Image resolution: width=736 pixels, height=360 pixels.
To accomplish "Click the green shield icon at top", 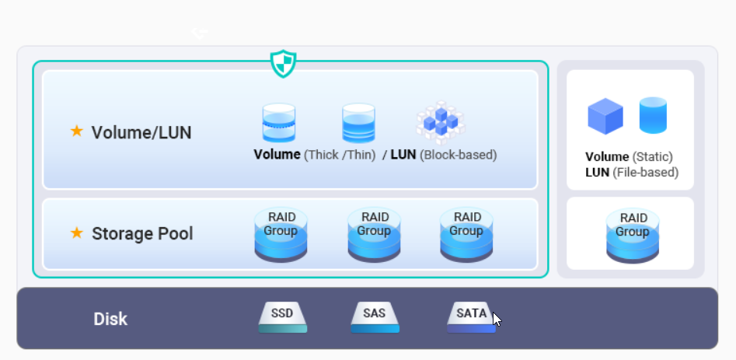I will point(283,63).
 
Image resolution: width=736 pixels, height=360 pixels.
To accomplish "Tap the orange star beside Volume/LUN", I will point(77,131).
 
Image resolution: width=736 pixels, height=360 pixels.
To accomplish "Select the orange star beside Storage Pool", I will point(77,232).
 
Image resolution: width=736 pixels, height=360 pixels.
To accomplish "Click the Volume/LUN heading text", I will point(141,133).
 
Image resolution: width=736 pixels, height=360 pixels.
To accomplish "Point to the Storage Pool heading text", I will point(142,233).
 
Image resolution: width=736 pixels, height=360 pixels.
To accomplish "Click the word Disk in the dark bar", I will point(110,319).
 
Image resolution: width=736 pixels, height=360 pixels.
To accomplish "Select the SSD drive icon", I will point(283,317).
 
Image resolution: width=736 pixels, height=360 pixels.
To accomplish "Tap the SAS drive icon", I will point(375,317).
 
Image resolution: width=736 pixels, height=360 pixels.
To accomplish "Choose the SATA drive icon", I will point(471,317).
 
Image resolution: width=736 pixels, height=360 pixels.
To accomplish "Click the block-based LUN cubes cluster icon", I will point(441,120).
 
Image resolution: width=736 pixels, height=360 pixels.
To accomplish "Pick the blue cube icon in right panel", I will point(605,116).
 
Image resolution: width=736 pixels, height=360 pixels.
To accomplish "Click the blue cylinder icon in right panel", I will point(653,115).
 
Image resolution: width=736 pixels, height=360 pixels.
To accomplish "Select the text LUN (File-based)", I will point(632,173).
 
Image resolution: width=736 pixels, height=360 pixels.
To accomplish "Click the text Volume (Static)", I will point(629,157).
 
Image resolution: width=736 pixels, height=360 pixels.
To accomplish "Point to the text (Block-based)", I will point(458,155).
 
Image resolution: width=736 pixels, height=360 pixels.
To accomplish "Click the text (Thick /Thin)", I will point(340,155).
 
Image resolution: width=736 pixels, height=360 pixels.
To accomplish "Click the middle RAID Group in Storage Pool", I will point(374,234).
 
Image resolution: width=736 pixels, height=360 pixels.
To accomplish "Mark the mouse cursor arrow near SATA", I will point(497,319).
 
